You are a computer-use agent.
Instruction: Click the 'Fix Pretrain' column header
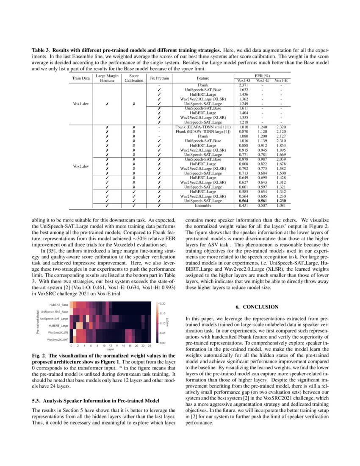[x=159, y=78]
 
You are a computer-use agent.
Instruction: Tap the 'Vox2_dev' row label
[x=81, y=166]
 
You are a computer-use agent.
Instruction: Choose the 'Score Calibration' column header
[x=134, y=78]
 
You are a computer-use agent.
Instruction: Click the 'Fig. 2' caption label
[x=39, y=355]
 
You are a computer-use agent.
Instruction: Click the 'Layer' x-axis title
[x=110, y=349]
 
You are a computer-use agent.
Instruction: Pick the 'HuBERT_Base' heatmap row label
[x=58, y=305]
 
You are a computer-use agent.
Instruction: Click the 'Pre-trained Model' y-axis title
[x=38, y=323]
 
